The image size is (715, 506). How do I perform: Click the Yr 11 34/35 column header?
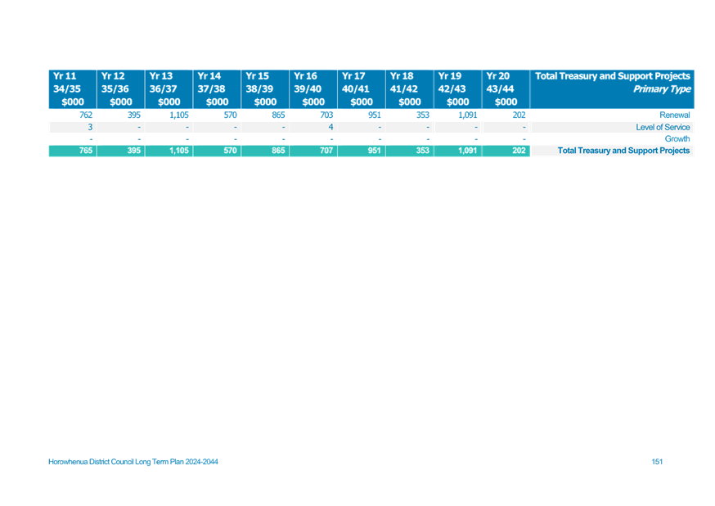pyautogui.click(x=73, y=89)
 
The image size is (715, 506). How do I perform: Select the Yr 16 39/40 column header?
pyautogui.click(x=313, y=89)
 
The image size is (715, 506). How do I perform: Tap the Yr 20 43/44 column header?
pyautogui.click(x=506, y=89)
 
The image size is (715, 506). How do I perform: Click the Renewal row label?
pyautogui.click(x=674, y=115)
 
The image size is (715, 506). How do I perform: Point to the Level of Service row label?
pyautogui.click(x=663, y=127)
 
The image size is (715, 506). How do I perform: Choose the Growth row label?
pyautogui.click(x=677, y=138)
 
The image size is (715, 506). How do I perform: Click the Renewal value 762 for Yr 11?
pyautogui.click(x=86, y=115)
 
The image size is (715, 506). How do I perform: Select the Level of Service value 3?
pyautogui.click(x=90, y=127)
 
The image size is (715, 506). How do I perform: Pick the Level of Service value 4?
pyautogui.click(x=331, y=127)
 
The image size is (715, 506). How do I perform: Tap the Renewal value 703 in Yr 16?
pyautogui.click(x=326, y=115)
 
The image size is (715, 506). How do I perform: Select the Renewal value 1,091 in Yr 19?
pyautogui.click(x=467, y=115)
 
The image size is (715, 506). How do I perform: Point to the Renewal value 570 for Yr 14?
pyautogui.click(x=230, y=115)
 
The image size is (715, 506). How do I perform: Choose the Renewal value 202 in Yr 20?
pyautogui.click(x=519, y=115)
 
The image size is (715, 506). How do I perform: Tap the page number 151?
pyautogui.click(x=657, y=462)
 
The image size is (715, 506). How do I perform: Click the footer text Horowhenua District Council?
pyautogui.click(x=91, y=462)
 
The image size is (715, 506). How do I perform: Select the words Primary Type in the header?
pyautogui.click(x=662, y=89)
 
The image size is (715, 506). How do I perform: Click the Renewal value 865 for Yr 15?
pyautogui.click(x=278, y=115)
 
